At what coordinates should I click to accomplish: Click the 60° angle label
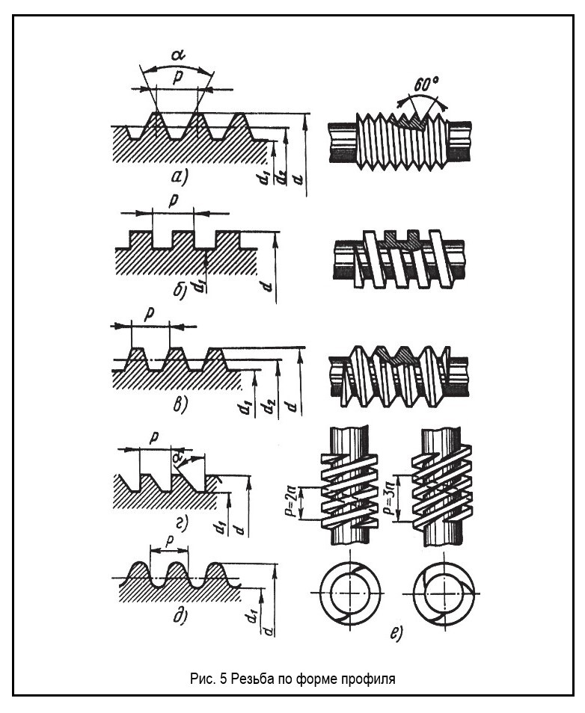tap(426, 84)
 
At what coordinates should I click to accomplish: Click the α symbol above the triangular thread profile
tap(177, 55)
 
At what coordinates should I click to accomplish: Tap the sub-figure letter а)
tap(180, 177)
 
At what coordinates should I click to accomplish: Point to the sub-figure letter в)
tap(180, 404)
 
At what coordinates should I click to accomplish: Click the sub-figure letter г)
tap(182, 525)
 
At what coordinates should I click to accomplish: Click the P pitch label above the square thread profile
tap(173, 201)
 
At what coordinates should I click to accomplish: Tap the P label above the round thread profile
tap(169, 541)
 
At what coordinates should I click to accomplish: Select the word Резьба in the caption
tap(252, 679)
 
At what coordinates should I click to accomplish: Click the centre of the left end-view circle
tap(349, 593)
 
